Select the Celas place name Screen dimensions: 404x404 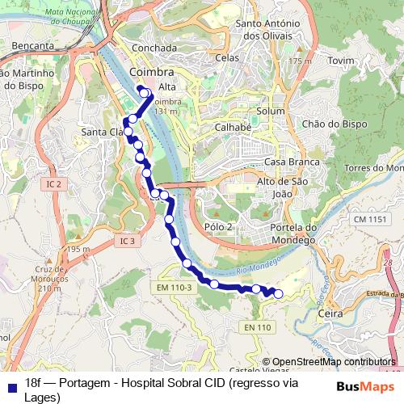pos(227,58)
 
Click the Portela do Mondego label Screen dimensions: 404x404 pos(281,234)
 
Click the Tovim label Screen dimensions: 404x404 pos(342,61)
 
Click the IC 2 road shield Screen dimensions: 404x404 pos(55,185)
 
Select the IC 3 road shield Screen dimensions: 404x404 pos(126,241)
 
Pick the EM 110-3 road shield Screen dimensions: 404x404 pos(175,288)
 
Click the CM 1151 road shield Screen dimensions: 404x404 pos(370,220)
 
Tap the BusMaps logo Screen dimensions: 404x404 pos(366,386)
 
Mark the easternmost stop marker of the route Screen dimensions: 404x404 pos(279,294)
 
